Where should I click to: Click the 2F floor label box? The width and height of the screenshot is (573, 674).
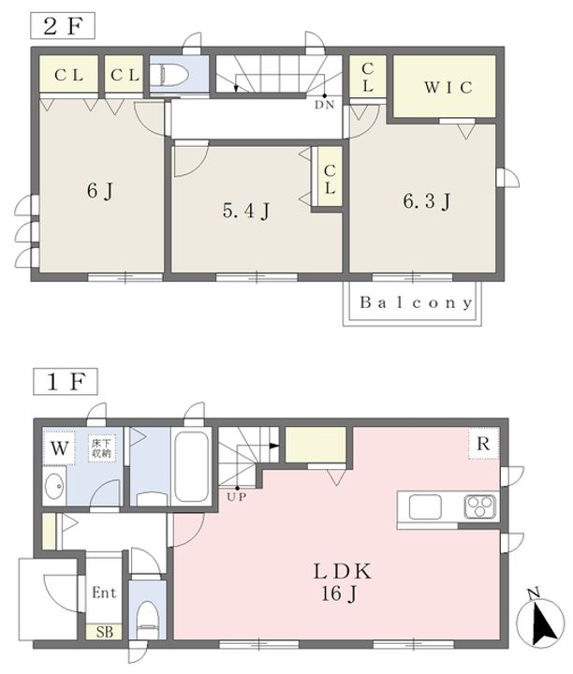coord(63,26)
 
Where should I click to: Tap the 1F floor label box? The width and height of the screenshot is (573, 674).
coord(66,381)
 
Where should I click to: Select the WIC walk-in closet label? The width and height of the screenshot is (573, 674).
coord(448,87)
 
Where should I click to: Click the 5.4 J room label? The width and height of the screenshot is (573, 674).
coord(246,211)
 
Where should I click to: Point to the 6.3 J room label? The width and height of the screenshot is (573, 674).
coord(426,200)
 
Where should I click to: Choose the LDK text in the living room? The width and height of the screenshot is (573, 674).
coord(342,572)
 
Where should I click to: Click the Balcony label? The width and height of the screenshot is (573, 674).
coord(416,302)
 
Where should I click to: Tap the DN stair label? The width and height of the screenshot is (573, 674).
coord(324,105)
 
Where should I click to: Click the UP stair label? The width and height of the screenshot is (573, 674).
coord(237,497)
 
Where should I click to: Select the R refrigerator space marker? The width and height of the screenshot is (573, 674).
coord(484,443)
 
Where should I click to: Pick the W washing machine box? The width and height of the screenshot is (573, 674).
coord(59,448)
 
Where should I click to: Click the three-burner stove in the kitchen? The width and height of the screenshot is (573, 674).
coord(480,506)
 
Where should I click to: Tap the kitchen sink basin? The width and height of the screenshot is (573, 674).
coord(425,506)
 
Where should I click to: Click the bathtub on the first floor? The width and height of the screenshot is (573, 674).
coord(192,466)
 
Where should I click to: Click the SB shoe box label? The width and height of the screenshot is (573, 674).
coord(105,632)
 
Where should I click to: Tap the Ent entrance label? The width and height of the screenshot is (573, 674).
coord(105,593)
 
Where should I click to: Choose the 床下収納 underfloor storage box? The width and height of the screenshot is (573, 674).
coord(102,448)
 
